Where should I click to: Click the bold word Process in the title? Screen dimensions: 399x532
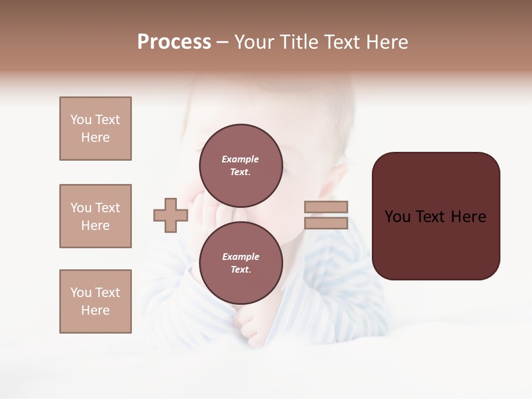174,42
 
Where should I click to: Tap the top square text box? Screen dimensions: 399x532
95,129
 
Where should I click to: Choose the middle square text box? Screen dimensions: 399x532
95,216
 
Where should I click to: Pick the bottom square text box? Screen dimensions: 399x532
95,301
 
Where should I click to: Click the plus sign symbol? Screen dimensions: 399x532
171,215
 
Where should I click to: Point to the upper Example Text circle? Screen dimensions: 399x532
241,165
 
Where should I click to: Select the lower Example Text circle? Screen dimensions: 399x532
241,263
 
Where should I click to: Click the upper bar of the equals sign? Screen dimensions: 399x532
326,207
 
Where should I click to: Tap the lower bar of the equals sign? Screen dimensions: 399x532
326,223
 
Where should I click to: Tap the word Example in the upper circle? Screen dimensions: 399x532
241,159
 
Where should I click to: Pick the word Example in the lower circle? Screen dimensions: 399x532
241,257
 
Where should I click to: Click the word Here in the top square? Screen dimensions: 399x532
95,137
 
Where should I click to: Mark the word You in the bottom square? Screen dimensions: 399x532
80,293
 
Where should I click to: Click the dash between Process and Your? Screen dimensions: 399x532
223,43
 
